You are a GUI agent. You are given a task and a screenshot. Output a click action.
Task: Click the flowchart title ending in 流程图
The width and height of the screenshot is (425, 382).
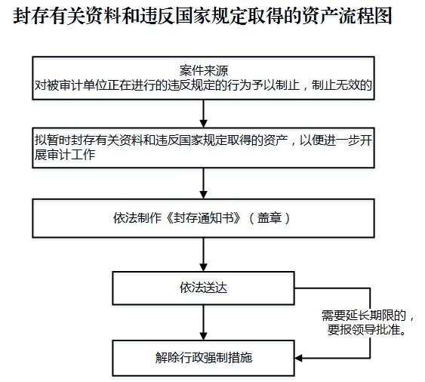[202, 16]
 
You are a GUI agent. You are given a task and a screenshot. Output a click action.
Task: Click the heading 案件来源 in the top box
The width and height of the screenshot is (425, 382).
[204, 71]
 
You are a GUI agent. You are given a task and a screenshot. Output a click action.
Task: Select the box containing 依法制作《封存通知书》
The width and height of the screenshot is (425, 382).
[203, 218]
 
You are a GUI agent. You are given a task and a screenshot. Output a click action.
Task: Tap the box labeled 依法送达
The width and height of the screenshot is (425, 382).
[203, 288]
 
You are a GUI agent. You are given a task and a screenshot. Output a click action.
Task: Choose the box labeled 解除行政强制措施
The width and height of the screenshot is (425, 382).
[203, 358]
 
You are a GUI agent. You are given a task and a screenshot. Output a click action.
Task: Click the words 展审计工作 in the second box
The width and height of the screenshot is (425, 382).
[65, 155]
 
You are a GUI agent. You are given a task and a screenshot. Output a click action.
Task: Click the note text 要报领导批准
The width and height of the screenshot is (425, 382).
[363, 330]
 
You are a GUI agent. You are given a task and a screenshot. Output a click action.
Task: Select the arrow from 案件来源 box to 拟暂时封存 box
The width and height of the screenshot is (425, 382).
[203, 113]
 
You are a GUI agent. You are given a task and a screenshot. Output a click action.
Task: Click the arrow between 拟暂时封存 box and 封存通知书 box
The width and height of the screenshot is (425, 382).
[203, 183]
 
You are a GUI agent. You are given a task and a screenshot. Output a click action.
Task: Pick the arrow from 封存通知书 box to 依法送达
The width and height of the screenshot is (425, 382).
[203, 255]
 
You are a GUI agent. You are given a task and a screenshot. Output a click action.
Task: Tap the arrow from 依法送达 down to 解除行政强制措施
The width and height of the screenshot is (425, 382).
[203, 322]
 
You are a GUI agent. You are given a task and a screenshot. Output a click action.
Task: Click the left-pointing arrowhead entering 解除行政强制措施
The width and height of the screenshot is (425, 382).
[298, 358]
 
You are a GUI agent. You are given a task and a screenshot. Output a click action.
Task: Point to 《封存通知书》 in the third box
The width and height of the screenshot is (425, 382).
[204, 218]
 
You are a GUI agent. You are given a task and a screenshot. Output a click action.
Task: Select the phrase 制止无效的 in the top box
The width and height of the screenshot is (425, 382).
[341, 85]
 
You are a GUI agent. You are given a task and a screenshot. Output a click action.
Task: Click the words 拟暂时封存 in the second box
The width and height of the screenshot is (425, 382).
[65, 140]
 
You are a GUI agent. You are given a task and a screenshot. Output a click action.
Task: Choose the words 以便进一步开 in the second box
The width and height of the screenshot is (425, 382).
[336, 140]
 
